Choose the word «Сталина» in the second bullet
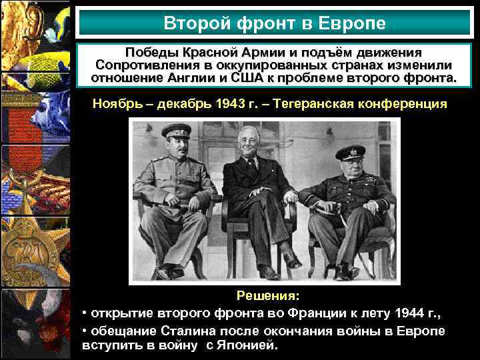pos(189,331)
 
